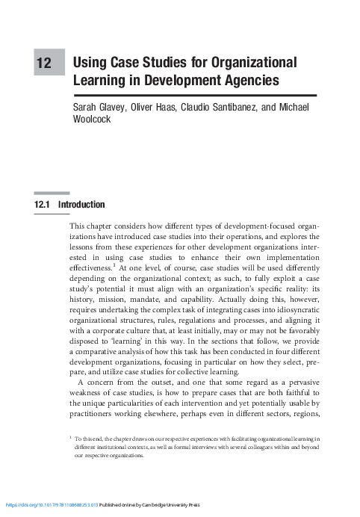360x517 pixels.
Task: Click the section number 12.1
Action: [45, 205]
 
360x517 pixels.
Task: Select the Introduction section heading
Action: [83, 205]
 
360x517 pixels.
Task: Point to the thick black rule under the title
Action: [194, 95]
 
